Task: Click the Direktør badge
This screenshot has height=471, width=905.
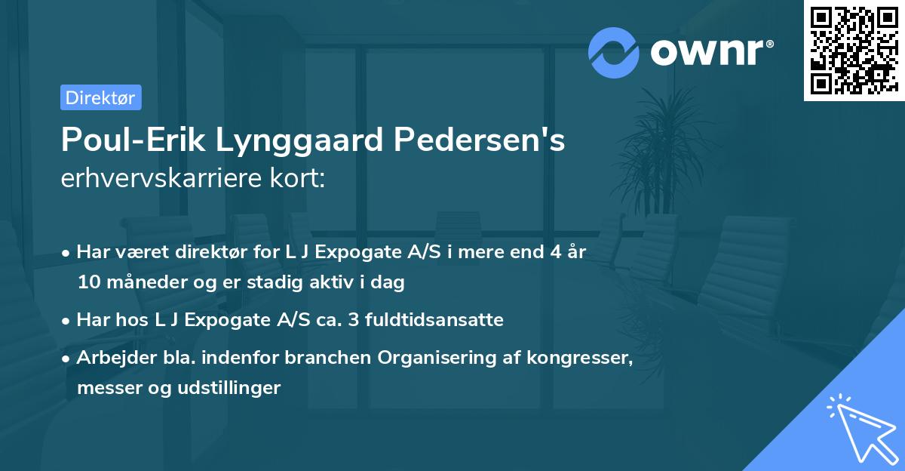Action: point(100,97)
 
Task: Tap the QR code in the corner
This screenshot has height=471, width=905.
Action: point(854,51)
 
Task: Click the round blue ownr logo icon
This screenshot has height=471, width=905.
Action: point(613,52)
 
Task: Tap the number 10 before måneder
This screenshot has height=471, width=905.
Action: point(87,283)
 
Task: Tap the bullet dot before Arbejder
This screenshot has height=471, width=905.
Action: point(67,359)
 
